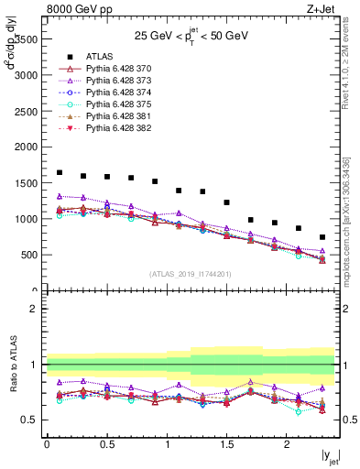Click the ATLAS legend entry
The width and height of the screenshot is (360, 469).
(x=100, y=56)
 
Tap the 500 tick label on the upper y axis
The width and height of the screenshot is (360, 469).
(x=29, y=254)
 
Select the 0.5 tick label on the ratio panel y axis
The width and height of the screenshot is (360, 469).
(x=30, y=420)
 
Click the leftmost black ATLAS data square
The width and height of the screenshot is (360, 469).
(x=60, y=172)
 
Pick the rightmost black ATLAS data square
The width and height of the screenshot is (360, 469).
(x=322, y=237)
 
